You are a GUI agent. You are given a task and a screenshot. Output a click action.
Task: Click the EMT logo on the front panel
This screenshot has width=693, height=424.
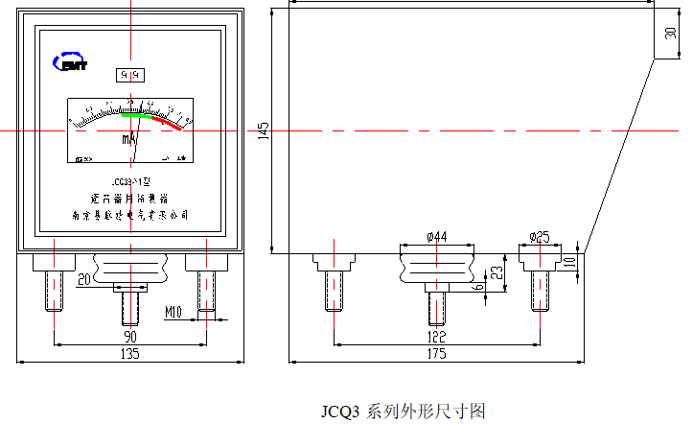point(71,61)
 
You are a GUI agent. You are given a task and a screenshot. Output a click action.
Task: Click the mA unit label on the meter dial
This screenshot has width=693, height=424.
point(129,140)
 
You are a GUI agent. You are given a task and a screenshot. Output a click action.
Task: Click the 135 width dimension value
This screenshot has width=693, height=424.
point(129,354)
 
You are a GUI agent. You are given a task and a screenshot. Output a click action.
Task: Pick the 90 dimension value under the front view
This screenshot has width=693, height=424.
point(129,337)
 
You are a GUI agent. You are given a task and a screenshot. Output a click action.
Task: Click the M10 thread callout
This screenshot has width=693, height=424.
point(173,313)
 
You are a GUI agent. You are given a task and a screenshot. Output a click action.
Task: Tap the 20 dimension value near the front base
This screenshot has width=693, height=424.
point(83,279)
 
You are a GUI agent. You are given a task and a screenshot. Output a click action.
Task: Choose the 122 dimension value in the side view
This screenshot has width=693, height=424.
point(436,337)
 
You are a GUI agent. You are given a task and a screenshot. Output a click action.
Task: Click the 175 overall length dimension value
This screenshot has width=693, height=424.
point(436,354)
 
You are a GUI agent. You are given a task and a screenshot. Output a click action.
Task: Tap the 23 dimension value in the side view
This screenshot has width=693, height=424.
point(497,271)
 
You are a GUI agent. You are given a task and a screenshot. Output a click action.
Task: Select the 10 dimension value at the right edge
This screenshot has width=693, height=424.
point(568,261)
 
